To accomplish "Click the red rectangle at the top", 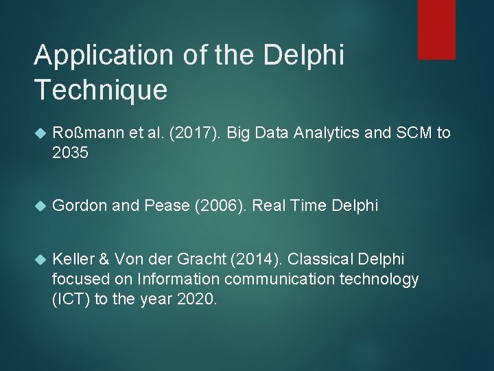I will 436,29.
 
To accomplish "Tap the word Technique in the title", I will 100,90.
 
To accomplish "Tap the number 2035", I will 71,153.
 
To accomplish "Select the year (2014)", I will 255,259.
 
